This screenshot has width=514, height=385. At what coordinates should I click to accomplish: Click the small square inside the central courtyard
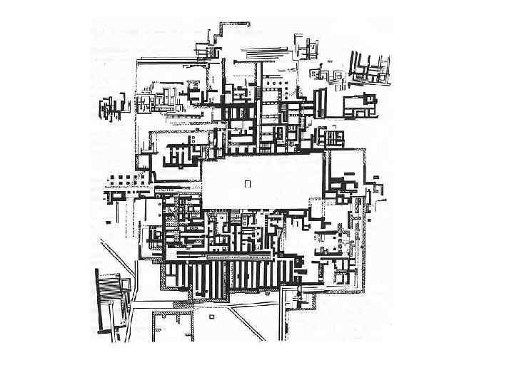click(248, 183)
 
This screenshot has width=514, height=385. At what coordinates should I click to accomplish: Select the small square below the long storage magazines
click(212, 314)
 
